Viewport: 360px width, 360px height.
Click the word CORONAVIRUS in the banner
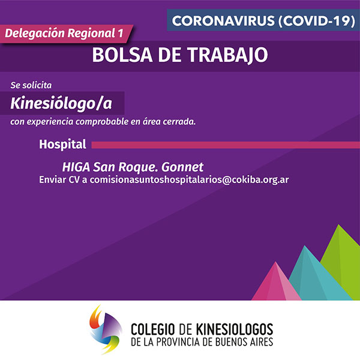[223, 21]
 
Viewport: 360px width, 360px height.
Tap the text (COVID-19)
[317, 21]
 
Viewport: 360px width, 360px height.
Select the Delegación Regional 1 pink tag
[67, 34]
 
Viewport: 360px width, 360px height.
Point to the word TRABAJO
[228, 55]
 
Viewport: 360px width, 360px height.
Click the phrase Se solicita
[31, 85]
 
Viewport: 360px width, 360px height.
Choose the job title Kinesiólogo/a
[61, 104]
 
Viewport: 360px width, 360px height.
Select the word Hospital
[62, 144]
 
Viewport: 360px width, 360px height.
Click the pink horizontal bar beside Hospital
[226, 145]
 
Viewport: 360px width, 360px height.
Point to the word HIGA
[76, 167]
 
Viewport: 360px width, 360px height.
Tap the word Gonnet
[182, 167]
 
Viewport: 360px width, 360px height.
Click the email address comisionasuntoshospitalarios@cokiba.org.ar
[189, 180]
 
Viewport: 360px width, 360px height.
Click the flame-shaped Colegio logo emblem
[106, 330]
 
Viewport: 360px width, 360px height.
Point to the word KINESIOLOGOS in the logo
[235, 329]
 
